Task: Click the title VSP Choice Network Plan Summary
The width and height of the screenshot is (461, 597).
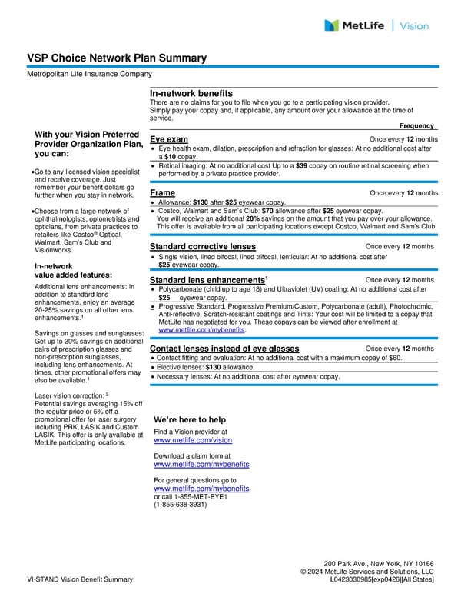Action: click(117, 58)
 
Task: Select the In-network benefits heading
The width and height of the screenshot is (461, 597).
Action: click(191, 93)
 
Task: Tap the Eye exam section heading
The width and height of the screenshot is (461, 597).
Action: click(169, 138)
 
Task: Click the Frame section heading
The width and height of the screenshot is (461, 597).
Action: click(163, 192)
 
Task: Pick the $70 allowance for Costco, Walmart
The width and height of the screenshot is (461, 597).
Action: click(268, 210)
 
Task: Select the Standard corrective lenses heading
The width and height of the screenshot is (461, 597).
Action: click(203, 246)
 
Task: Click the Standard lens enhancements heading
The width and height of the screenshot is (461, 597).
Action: click(207, 279)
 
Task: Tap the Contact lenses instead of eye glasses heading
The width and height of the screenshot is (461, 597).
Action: click(224, 349)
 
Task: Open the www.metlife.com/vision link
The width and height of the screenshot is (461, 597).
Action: click(193, 441)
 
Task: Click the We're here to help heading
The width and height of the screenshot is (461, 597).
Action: click(190, 419)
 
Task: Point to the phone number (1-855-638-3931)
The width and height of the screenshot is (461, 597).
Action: click(180, 505)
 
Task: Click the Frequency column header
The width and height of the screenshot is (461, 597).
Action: click(417, 125)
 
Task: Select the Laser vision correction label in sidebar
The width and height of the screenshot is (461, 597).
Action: click(70, 395)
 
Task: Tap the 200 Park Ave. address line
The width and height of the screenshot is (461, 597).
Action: click(379, 563)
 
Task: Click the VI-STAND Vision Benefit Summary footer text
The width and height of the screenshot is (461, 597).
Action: click(80, 579)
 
